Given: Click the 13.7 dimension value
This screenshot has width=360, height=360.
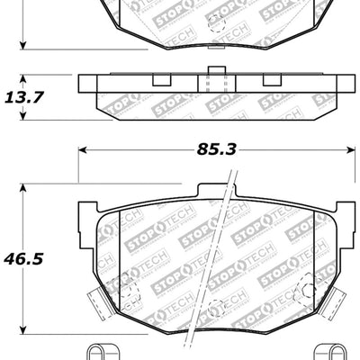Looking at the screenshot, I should (26, 94).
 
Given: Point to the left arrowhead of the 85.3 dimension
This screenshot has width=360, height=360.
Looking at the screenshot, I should (85, 149).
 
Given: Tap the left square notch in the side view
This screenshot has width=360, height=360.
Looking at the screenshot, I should (161, 79).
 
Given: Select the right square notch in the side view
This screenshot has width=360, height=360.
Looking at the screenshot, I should (270, 79).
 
